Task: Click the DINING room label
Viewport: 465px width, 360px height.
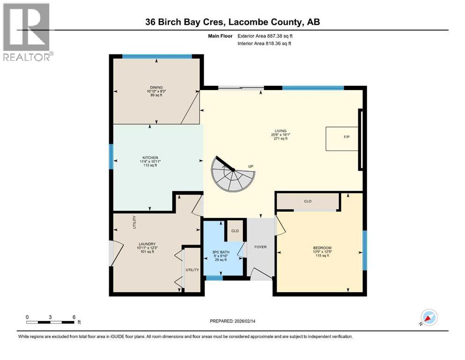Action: point(156,87)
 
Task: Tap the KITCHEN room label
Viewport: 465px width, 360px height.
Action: point(150,157)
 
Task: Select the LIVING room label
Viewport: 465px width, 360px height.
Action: point(281,131)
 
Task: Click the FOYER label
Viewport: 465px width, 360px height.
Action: point(260,247)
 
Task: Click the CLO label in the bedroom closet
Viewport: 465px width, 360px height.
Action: point(308,201)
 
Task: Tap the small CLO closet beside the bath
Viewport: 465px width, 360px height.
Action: point(235,231)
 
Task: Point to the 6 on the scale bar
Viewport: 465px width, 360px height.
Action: point(74,316)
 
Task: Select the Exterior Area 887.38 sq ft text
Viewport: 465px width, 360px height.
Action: point(267,36)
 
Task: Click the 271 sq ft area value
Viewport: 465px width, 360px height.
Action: point(281,139)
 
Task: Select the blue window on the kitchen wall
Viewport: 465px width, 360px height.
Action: point(111,157)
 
